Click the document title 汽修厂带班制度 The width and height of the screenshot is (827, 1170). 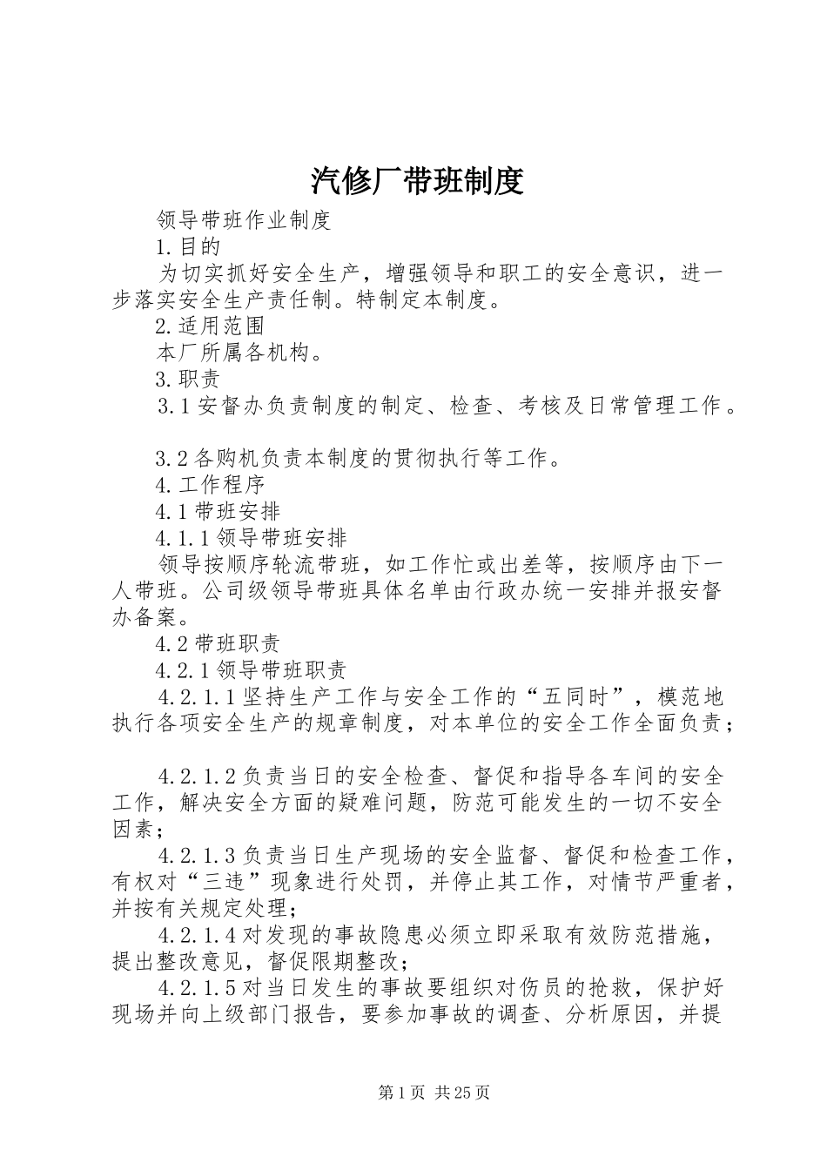pos(416,180)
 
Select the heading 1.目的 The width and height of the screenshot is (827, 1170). pos(187,247)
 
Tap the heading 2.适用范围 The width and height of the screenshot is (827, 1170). pos(209,326)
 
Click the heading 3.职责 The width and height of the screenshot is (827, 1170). pos(187,379)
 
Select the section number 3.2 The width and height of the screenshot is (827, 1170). pos(171,458)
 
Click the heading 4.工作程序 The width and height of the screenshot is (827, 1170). pos(209,484)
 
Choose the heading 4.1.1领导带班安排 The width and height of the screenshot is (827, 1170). pos(252,537)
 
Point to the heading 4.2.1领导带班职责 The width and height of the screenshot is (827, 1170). pos(252,669)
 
